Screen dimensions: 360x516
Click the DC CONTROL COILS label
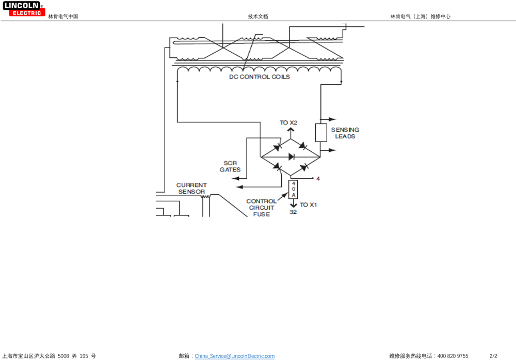(x=260, y=77)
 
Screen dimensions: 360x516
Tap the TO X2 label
(x=288, y=122)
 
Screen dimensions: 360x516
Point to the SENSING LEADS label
(x=345, y=133)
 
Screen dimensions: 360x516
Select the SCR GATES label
(x=230, y=166)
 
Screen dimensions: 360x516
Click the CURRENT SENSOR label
(x=191, y=189)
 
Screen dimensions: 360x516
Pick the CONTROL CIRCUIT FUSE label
(x=261, y=208)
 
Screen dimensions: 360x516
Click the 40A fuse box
(x=293, y=189)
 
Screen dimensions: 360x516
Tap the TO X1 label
(x=308, y=205)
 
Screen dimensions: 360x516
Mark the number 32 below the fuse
(x=293, y=212)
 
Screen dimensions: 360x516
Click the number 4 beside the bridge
(x=318, y=179)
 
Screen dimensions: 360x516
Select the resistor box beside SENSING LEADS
(x=321, y=133)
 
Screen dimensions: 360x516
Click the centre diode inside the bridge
(x=291, y=156)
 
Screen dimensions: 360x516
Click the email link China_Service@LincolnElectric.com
(x=235, y=356)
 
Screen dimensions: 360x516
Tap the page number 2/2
(x=493, y=356)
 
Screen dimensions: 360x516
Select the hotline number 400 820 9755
(x=453, y=356)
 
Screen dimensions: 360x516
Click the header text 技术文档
(x=258, y=17)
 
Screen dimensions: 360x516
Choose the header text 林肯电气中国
(x=63, y=17)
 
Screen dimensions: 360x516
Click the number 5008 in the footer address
(x=63, y=356)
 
